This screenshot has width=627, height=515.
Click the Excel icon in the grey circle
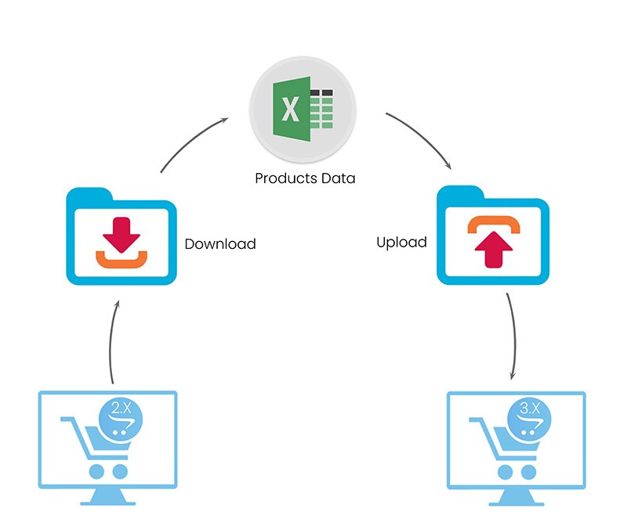pyautogui.click(x=303, y=110)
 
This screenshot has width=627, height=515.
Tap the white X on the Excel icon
pyautogui.click(x=290, y=110)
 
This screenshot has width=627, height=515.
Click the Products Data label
pyautogui.click(x=305, y=178)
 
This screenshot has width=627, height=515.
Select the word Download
pyautogui.click(x=220, y=243)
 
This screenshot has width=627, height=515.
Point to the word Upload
pyautogui.click(x=401, y=242)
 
